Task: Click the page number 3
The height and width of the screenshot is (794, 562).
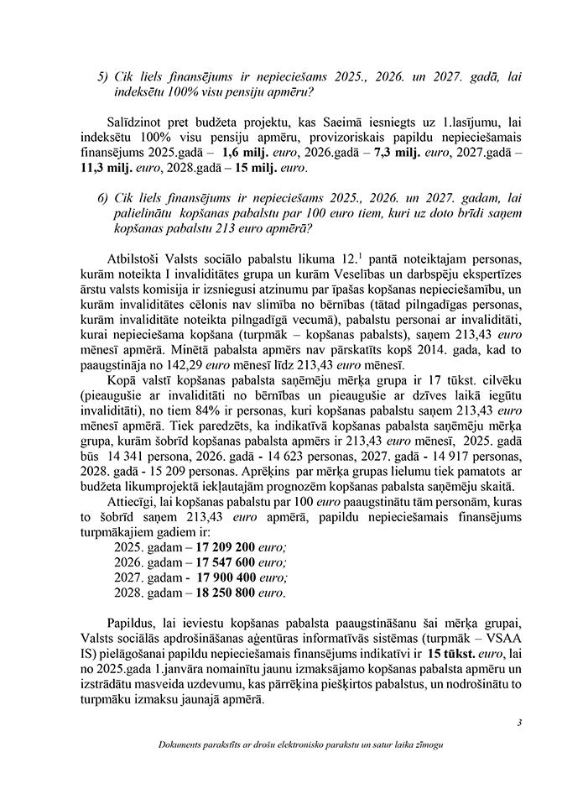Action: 519,722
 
